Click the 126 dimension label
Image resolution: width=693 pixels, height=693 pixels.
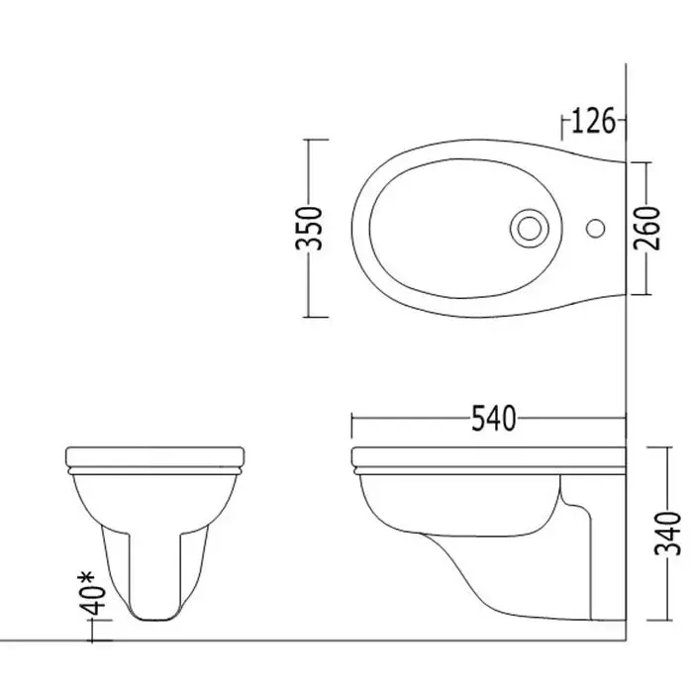tap(593, 120)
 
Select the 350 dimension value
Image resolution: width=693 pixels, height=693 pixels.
tap(309, 228)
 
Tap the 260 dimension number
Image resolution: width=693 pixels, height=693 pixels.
tap(646, 228)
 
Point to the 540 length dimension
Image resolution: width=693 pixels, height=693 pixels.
tap(494, 418)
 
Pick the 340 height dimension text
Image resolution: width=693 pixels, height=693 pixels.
tap(667, 534)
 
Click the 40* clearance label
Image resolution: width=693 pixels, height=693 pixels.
tap(93, 593)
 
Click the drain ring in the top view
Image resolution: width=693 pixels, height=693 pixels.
tap(530, 228)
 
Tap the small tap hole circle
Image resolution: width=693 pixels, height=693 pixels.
tap(595, 228)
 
